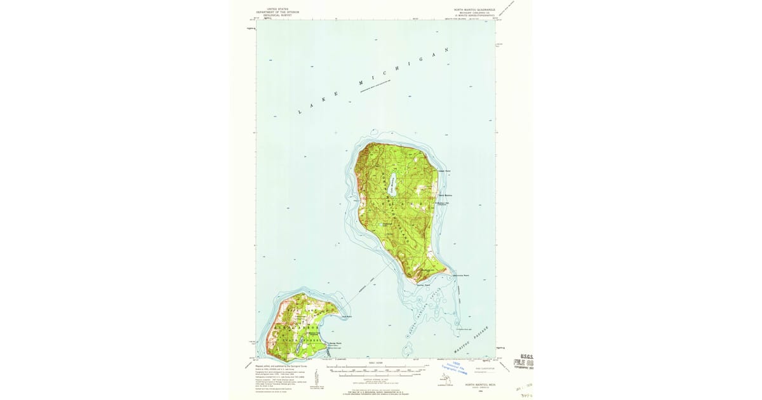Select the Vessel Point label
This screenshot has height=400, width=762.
tap(444, 171)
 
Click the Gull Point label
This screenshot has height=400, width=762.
tap(347, 316)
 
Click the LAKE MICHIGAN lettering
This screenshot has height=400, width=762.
tap(375, 80)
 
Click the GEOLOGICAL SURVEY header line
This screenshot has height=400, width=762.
tap(277, 15)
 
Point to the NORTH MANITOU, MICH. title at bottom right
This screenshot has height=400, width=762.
tap(478, 385)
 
